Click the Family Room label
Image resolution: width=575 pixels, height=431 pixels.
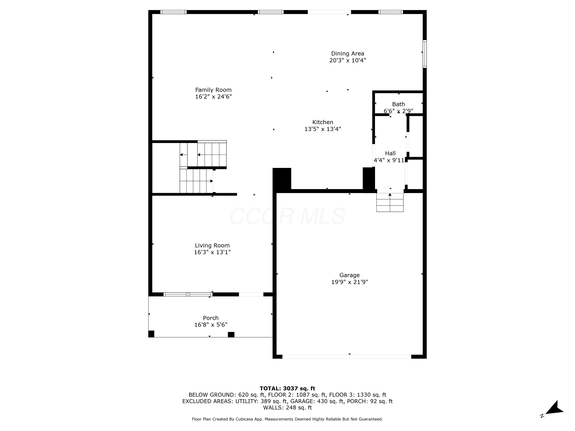click(x=213, y=90)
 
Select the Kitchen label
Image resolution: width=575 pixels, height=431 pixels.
click(x=323, y=122)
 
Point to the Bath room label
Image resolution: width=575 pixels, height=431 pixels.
click(x=398, y=104)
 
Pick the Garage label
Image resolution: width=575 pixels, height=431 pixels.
click(x=349, y=275)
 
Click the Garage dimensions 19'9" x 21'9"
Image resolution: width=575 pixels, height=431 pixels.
click(x=349, y=282)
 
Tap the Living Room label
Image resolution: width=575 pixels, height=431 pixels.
click(x=212, y=246)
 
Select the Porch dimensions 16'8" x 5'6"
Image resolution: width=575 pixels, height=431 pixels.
click(x=211, y=325)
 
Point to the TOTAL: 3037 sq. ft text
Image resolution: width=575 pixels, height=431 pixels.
click(x=287, y=388)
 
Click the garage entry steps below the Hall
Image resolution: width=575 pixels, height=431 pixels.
click(x=390, y=202)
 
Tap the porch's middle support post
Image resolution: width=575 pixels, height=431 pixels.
click(x=231, y=335)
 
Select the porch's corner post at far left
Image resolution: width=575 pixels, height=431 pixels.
click(x=151, y=334)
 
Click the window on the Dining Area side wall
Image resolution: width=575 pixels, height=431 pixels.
click(x=425, y=54)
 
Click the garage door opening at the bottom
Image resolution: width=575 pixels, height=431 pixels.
click(x=347, y=357)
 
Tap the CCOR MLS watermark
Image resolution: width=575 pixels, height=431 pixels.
click(x=287, y=216)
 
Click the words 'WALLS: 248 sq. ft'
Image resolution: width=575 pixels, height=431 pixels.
click(x=287, y=408)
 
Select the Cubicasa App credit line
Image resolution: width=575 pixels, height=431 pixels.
click(x=287, y=419)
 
